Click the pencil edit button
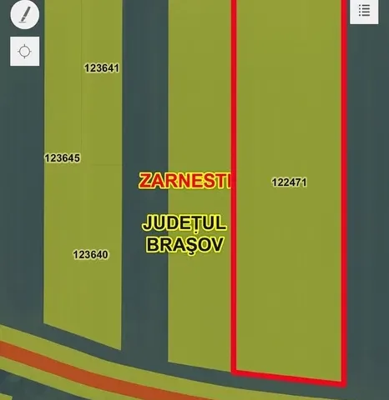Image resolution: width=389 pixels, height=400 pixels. (25, 16)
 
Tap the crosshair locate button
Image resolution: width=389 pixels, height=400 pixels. (25, 51)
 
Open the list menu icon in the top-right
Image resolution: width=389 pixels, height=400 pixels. (364, 11)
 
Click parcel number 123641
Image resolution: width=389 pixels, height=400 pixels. (103, 68)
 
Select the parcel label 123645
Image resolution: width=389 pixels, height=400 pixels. (63, 157)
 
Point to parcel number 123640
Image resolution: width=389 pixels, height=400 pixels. (91, 255)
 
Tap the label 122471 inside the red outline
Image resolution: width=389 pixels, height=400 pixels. (289, 182)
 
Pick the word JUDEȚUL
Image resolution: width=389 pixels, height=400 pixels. (185, 224)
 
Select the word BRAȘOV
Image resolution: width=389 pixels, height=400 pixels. (185, 245)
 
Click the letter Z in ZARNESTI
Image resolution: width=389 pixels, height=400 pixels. (145, 181)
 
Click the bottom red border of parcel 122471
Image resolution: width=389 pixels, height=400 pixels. (288, 376)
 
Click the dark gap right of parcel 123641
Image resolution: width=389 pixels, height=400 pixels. (144, 68)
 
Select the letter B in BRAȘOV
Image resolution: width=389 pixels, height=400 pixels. (153, 245)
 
